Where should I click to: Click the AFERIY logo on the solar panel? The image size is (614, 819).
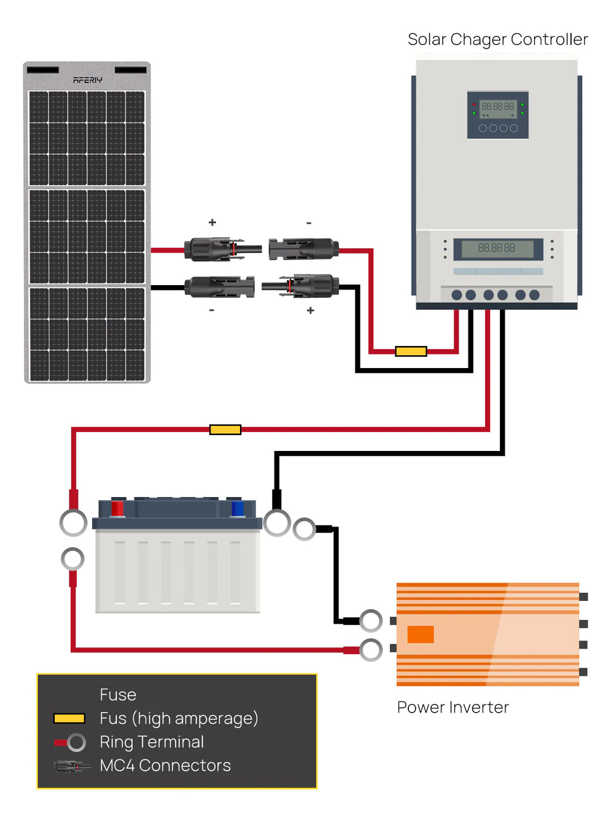(x=87, y=80)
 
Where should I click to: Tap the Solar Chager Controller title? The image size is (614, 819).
(x=497, y=39)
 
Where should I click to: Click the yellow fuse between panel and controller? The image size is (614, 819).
(x=411, y=351)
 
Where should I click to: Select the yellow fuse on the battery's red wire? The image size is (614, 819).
(x=225, y=429)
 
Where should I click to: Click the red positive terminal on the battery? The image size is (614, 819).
(x=117, y=509)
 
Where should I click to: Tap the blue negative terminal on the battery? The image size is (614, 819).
(x=237, y=509)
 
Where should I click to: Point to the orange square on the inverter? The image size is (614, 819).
(x=421, y=634)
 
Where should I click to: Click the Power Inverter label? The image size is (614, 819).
(x=453, y=707)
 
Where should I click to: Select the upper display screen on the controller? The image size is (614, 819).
(x=498, y=107)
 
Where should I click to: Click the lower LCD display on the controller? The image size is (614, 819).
(x=497, y=248)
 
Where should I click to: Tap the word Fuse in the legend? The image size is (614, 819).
(x=118, y=695)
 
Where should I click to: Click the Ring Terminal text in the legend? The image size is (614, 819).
(x=152, y=742)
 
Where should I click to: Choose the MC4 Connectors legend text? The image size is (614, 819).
(x=165, y=766)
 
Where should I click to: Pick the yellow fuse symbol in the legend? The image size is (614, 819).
(x=69, y=718)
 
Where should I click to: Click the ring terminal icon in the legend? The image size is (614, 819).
(x=76, y=742)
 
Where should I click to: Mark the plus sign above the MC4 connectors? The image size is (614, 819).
(x=212, y=222)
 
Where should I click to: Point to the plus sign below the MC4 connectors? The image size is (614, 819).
(x=311, y=311)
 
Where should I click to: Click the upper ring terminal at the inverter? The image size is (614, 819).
(x=371, y=621)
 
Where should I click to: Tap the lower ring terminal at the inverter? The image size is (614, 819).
(x=371, y=649)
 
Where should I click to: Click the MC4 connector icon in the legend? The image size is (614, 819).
(x=71, y=766)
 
